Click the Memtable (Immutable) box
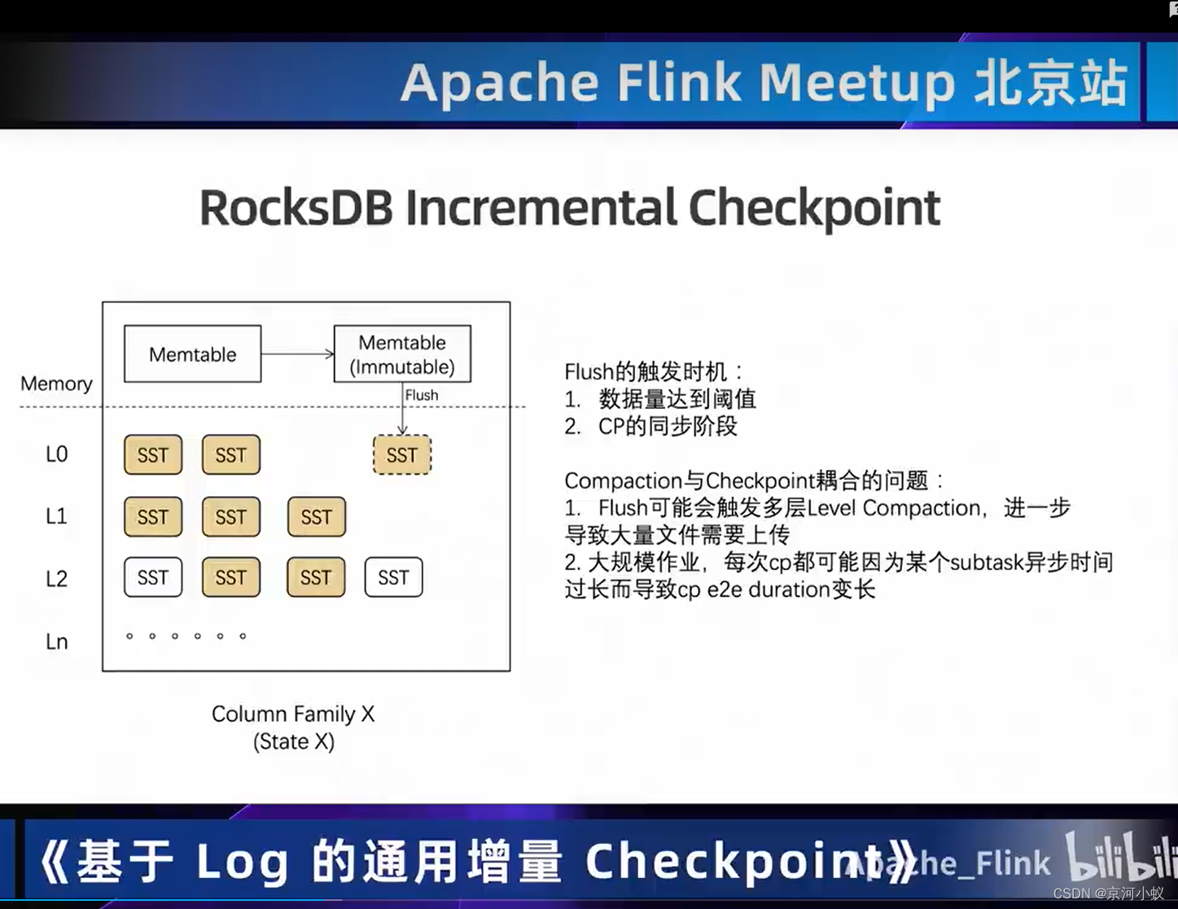(x=402, y=354)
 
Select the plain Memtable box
(x=193, y=354)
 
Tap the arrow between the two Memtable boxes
(x=297, y=353)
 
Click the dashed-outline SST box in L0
(x=402, y=455)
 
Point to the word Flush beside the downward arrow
(x=422, y=395)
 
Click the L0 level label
(x=56, y=455)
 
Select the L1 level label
(x=56, y=516)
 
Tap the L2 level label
(x=56, y=578)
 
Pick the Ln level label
(x=56, y=642)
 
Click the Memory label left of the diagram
(x=56, y=383)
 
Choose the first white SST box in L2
(x=153, y=577)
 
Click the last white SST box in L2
(x=393, y=577)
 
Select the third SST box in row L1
(x=317, y=516)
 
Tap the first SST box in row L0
(x=153, y=455)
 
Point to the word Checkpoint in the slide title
(x=814, y=208)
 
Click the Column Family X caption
(x=293, y=714)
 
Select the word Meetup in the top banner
(x=856, y=83)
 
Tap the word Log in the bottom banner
(x=243, y=862)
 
